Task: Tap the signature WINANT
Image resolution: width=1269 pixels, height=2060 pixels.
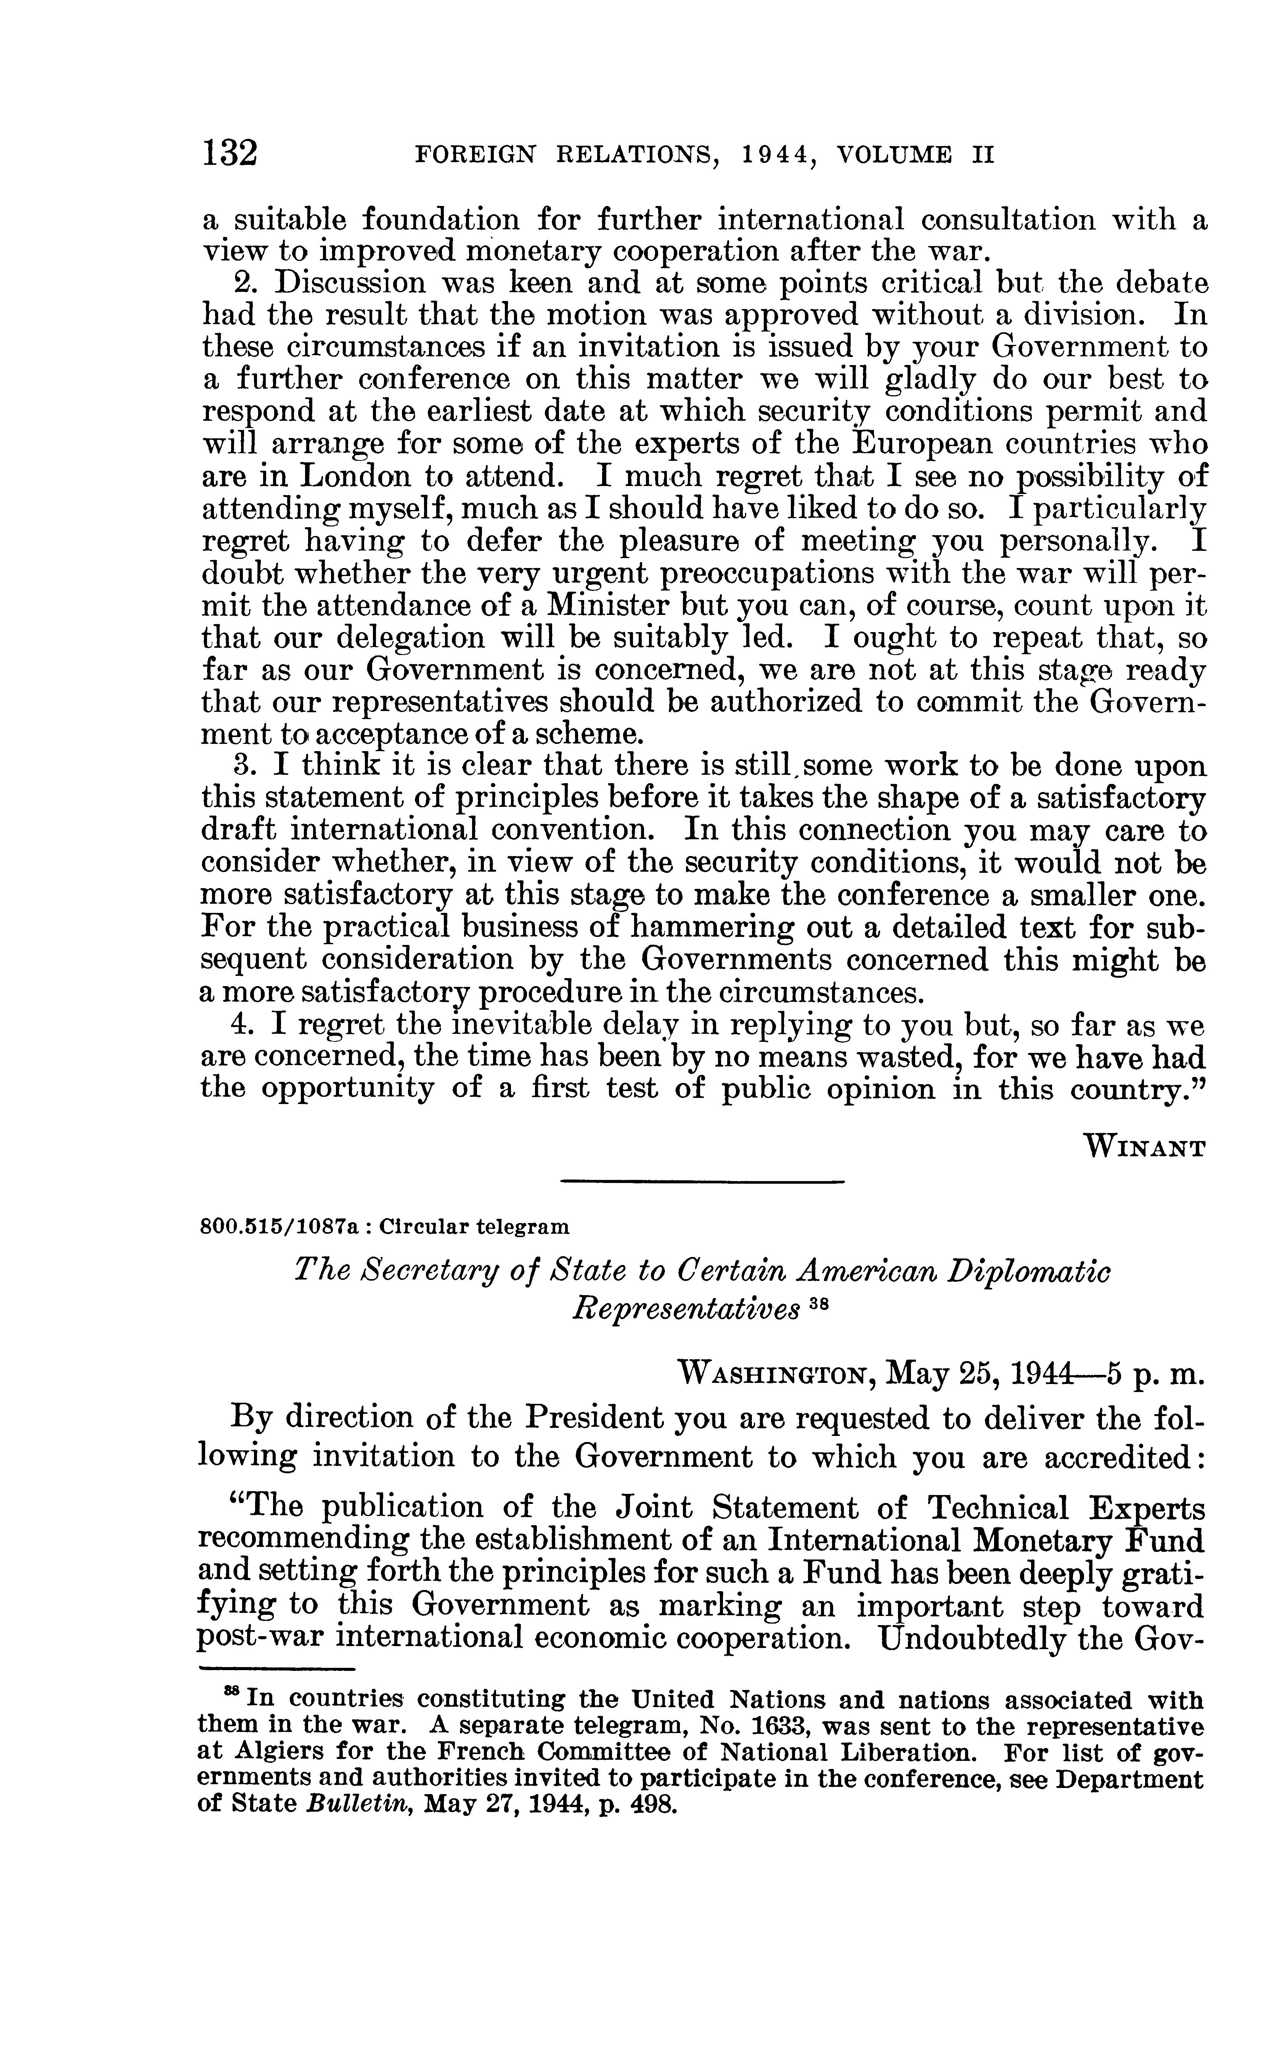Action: click(1147, 1146)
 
